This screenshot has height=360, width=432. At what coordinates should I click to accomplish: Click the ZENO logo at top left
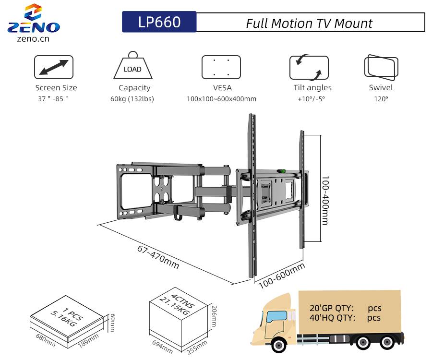[x=33, y=22]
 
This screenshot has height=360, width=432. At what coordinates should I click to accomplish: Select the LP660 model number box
[x=159, y=22]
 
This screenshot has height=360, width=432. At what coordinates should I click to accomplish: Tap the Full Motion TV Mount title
[x=310, y=23]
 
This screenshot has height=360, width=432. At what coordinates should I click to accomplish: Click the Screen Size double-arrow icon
[x=54, y=67]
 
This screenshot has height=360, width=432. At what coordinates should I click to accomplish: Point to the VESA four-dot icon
[x=221, y=67]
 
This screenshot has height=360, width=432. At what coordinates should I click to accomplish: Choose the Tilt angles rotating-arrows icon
[x=309, y=67]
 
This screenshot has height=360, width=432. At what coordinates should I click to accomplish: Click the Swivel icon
[x=381, y=68]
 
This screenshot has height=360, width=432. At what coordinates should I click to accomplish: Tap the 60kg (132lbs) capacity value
[x=132, y=99]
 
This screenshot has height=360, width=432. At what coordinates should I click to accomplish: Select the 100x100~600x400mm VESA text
[x=221, y=99]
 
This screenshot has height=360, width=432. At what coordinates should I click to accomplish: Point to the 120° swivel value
[x=381, y=99]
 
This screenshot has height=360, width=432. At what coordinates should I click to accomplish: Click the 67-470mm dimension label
[x=158, y=257]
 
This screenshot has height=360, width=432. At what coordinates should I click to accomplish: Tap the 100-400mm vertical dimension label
[x=325, y=200]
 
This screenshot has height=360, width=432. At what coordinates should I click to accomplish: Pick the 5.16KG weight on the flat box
[x=64, y=318]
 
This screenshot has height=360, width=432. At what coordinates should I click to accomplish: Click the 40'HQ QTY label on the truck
[x=333, y=318]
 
